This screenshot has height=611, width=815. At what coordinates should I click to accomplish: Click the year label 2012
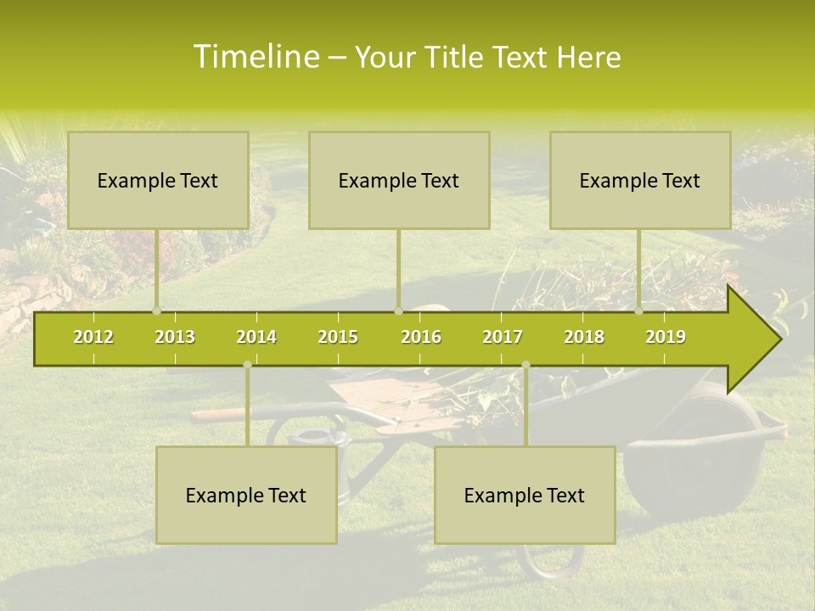93,337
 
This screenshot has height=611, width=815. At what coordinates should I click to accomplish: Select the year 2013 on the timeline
175,337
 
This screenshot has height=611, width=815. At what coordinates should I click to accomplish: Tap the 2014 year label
256,337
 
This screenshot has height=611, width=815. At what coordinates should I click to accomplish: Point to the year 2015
338,337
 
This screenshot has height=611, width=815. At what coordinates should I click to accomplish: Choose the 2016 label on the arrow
421,337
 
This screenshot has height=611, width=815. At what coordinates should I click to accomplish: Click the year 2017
503,337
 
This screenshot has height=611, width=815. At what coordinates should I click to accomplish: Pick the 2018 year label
584,337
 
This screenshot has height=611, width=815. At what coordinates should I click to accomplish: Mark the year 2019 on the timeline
666,337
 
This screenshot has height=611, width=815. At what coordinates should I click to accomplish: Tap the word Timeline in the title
255,57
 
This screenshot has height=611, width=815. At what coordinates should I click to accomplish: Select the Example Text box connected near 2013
158,180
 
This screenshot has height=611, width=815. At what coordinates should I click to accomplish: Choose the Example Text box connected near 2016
399,180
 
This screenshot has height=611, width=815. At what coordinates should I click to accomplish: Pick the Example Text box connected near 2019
640,180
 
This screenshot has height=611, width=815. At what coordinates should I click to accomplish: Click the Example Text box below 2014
246,495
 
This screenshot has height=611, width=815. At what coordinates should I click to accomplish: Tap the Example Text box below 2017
525,495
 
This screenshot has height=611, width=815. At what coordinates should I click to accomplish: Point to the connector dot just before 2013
156,311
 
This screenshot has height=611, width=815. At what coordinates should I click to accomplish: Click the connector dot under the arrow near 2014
247,365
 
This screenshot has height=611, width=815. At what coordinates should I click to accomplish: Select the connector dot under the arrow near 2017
526,365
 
